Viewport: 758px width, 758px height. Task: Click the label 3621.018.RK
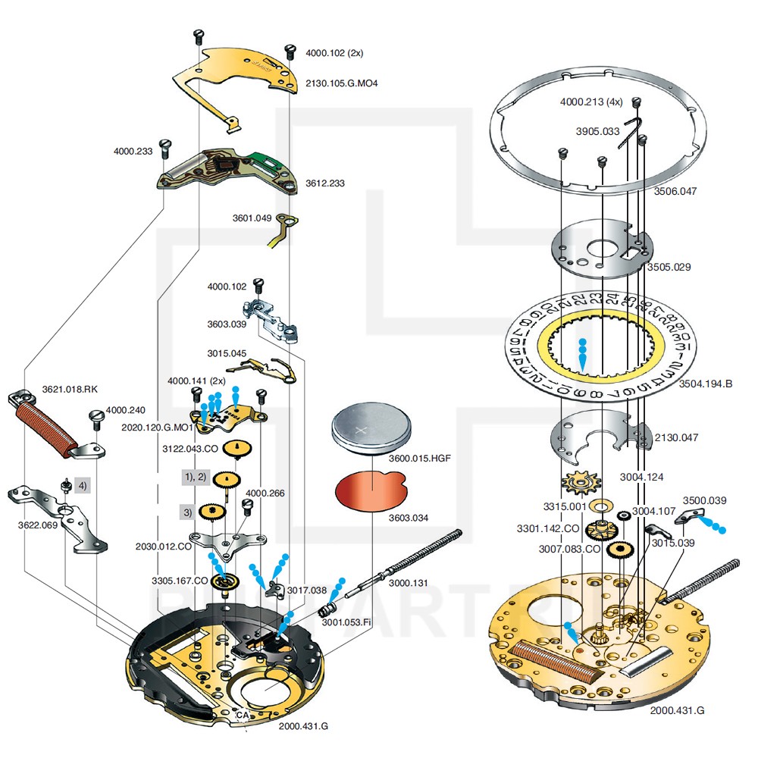tap(70, 390)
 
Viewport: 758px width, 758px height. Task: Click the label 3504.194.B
tap(706, 384)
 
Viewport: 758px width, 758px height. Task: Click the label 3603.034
tap(409, 518)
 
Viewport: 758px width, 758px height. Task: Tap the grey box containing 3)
tap(187, 512)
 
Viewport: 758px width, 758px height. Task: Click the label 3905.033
tap(597, 131)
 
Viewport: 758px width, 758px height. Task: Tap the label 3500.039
tap(704, 500)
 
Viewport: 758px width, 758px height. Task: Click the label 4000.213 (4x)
tap(591, 101)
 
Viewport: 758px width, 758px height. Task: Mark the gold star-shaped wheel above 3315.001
tap(581, 482)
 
